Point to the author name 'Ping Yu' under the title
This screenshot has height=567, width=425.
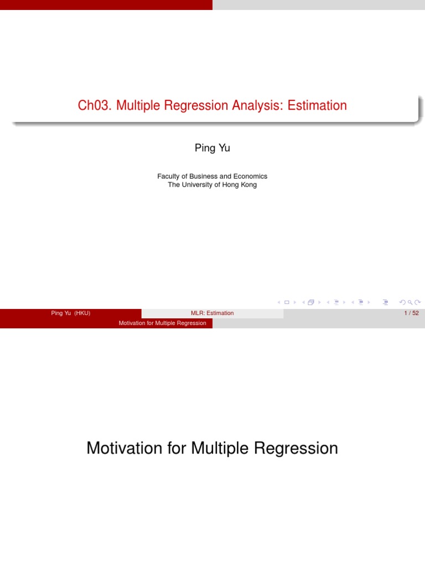(x=212, y=148)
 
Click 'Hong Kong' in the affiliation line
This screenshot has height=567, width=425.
(x=240, y=184)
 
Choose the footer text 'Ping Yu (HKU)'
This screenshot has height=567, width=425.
(x=70, y=313)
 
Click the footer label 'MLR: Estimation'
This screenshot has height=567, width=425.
(x=212, y=313)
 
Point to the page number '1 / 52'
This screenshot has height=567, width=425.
(x=411, y=313)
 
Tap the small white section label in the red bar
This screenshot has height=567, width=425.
(x=162, y=323)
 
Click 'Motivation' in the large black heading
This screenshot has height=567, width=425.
(x=124, y=448)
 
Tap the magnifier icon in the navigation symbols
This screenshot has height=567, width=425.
(x=410, y=302)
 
